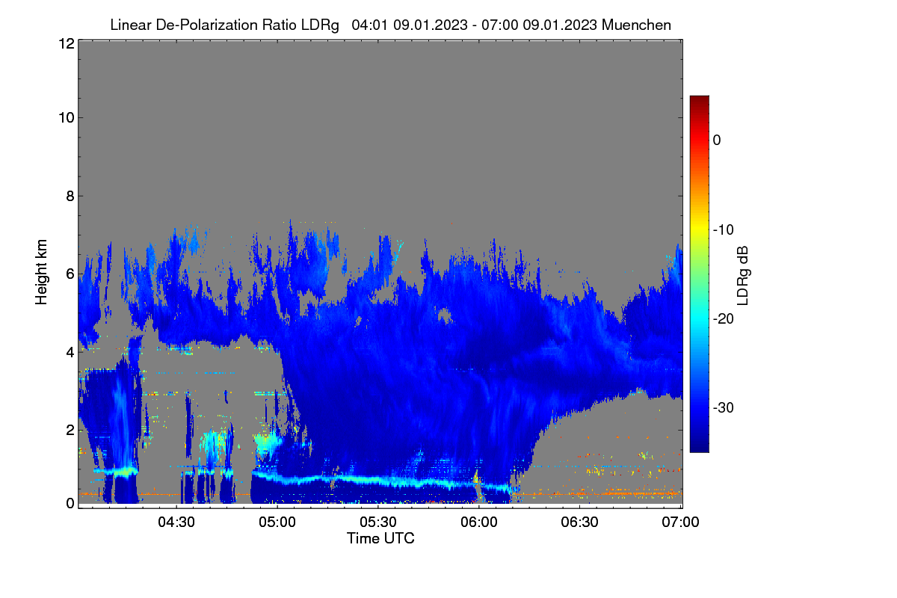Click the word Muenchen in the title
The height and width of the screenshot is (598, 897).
636,25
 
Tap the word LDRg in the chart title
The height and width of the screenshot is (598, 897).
320,25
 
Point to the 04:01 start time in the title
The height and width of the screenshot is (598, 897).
369,25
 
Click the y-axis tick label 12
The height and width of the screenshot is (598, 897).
67,43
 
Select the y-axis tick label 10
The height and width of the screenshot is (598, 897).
67,118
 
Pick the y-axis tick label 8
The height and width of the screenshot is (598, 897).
70,197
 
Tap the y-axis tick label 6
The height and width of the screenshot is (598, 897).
70,274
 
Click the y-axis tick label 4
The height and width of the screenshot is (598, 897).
70,353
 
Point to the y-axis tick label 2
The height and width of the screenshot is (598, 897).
70,430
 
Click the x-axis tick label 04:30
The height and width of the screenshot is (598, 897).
176,523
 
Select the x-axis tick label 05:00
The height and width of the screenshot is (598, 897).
277,523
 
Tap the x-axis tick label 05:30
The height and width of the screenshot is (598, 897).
378,523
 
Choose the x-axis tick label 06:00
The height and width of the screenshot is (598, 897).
479,523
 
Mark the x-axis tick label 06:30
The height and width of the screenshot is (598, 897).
579,523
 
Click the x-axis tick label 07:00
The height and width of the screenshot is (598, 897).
680,523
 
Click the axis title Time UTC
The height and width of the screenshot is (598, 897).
380,539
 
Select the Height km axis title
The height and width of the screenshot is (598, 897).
41,272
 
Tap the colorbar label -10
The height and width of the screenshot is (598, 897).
724,230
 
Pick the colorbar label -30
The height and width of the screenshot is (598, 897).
724,407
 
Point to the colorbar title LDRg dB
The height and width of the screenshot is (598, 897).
743,276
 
